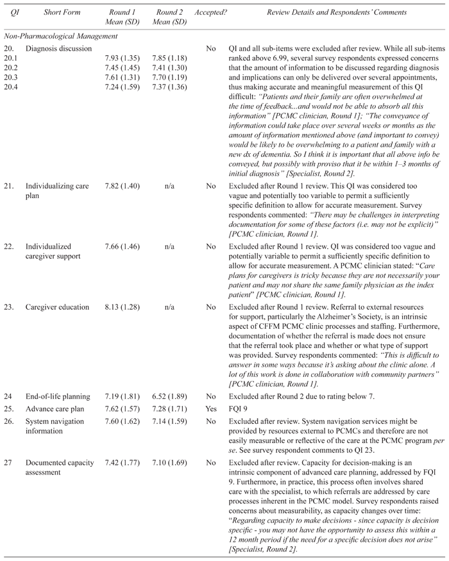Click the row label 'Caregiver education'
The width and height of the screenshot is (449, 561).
tap(58, 307)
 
